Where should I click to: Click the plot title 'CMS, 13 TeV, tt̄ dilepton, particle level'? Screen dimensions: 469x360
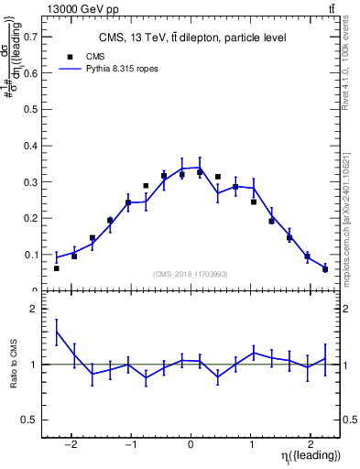click(191, 38)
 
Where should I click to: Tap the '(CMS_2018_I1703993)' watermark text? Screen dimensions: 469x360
click(191, 273)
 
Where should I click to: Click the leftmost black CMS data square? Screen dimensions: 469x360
click(57, 268)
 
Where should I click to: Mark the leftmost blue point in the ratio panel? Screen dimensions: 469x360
click(57, 332)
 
